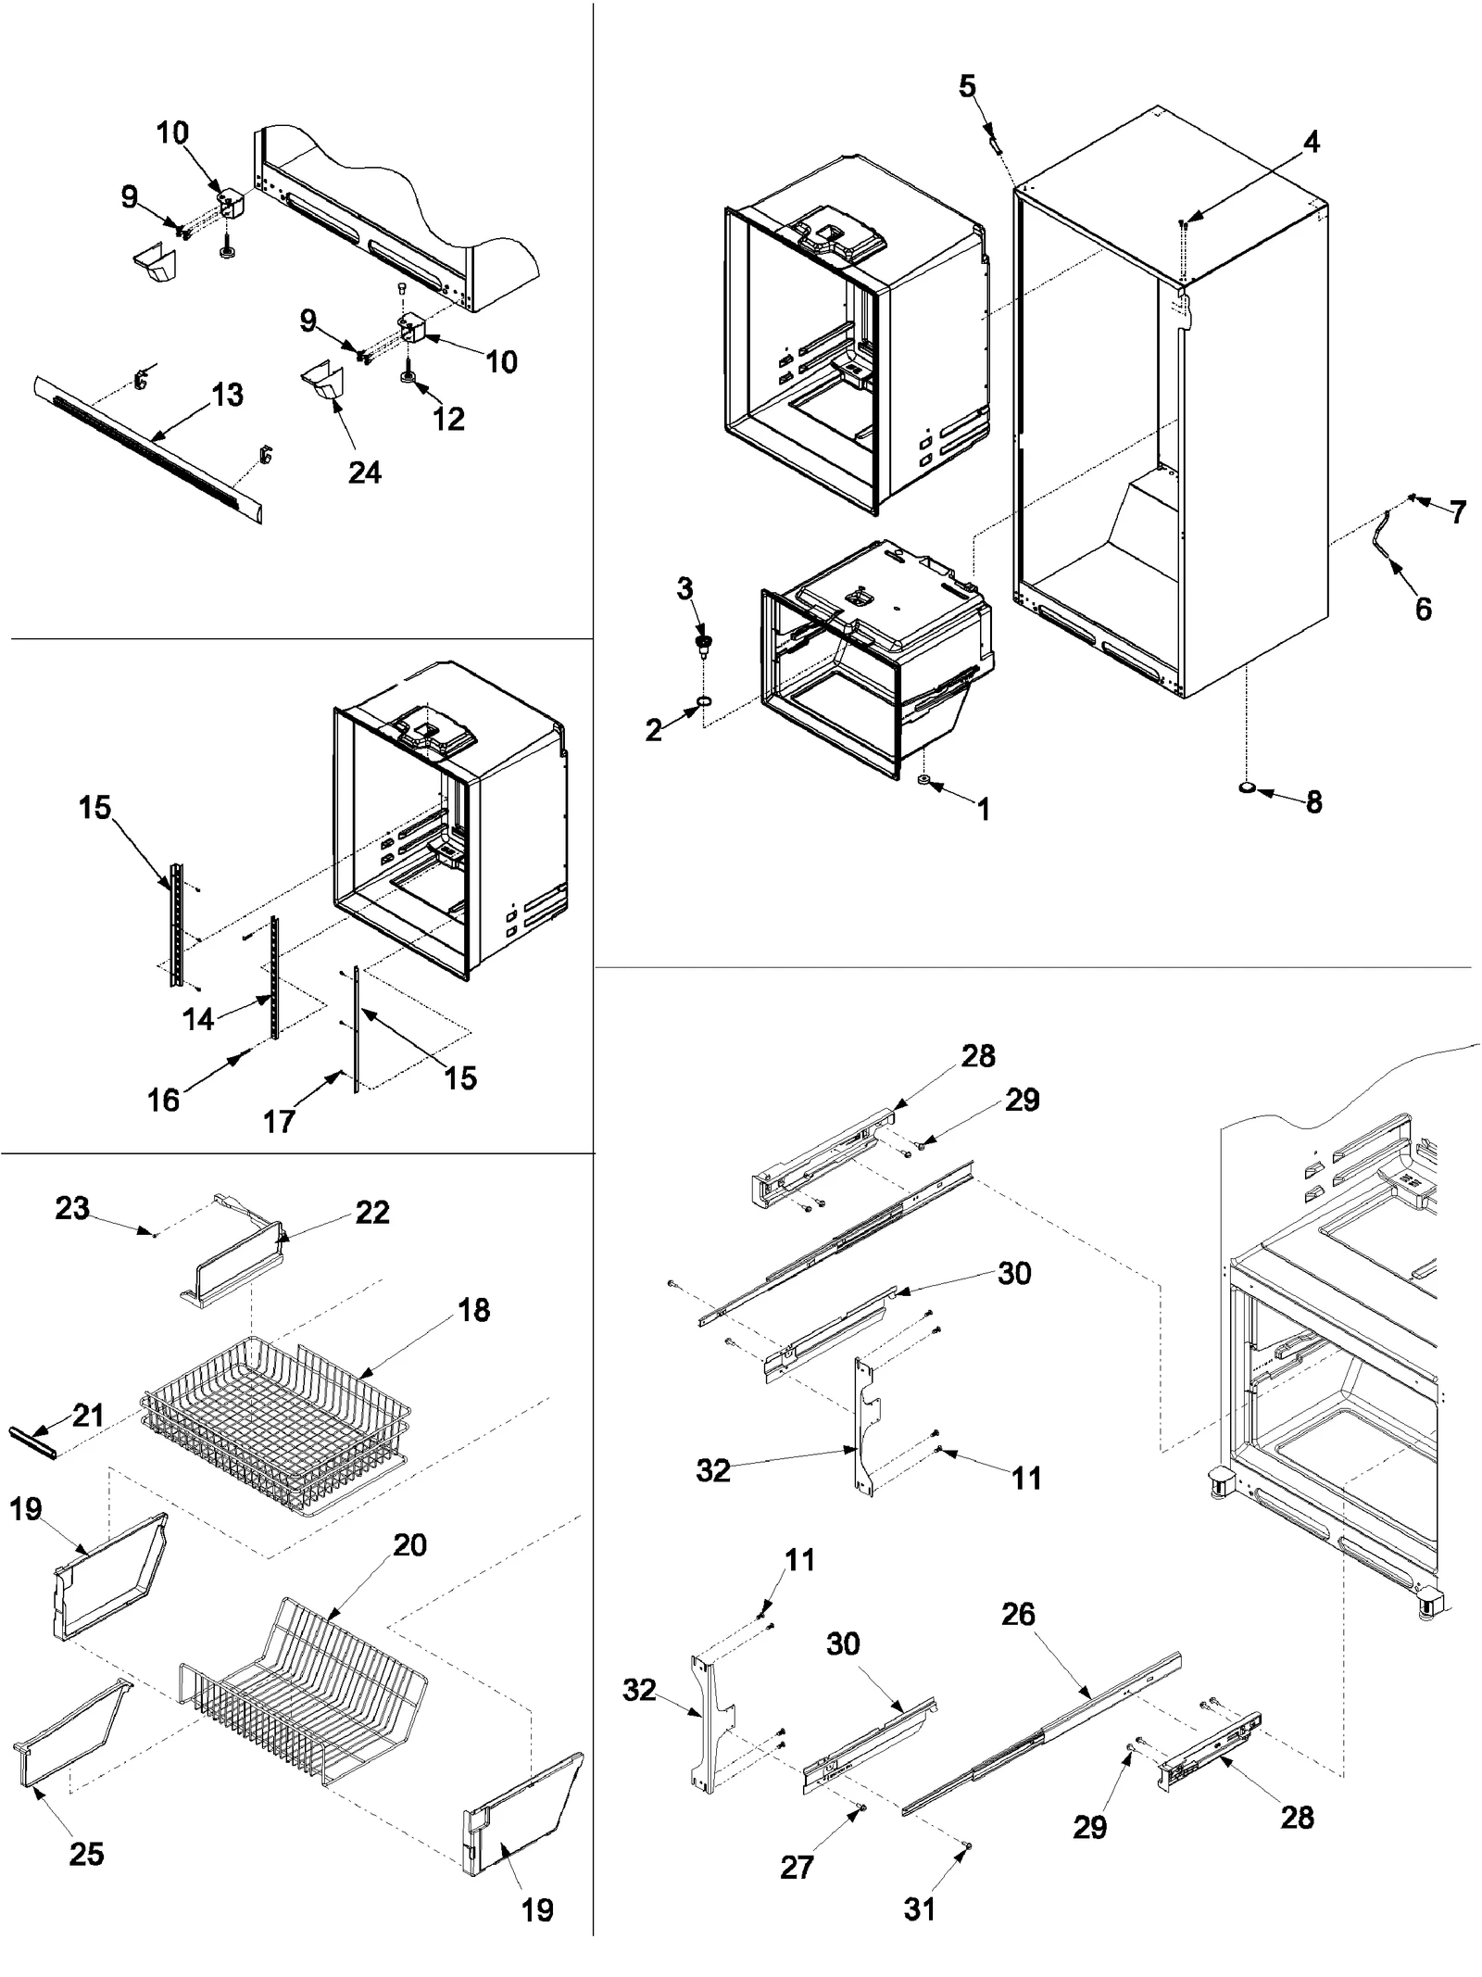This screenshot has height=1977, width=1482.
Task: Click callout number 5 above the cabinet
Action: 966,87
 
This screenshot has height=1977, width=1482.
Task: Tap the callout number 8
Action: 1313,802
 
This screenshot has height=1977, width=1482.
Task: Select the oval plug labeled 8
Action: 1248,788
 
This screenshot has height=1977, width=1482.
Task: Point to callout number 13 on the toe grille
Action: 227,395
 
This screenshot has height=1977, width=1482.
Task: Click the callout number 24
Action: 364,472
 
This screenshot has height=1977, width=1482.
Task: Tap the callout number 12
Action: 448,419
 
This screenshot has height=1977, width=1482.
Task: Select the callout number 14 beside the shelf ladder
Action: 198,1019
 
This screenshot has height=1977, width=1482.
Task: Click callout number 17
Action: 279,1121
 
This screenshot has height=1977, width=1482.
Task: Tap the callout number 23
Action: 72,1208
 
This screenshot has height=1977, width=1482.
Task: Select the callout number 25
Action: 86,1854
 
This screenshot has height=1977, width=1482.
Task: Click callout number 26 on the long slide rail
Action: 1017,1614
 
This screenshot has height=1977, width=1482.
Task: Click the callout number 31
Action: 919,1908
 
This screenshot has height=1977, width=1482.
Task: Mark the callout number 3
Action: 684,588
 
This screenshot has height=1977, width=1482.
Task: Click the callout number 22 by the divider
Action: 372,1213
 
